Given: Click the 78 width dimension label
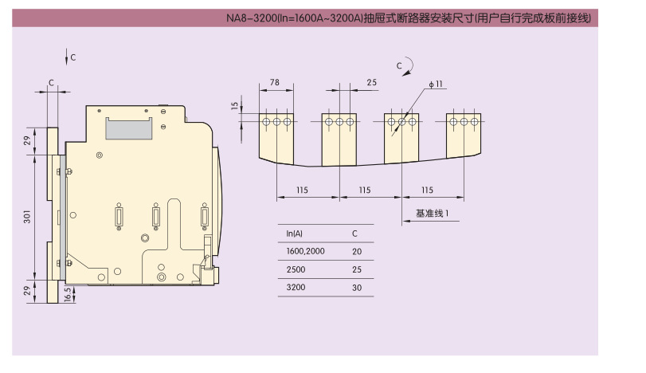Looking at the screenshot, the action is [x=275, y=82].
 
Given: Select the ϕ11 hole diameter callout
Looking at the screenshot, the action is [x=436, y=84].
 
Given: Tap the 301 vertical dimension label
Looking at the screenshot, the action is [x=27, y=217].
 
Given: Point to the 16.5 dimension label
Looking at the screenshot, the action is [x=68, y=295].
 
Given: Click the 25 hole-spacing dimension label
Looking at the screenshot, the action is [x=372, y=82].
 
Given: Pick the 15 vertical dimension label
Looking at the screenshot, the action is [x=235, y=106].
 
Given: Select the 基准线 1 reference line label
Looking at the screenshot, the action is [x=433, y=213].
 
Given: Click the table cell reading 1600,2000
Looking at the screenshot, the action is [x=305, y=251].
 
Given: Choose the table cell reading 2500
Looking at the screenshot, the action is [x=296, y=269].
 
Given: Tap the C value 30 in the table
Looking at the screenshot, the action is [x=357, y=288].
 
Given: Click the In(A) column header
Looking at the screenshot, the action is [x=294, y=234].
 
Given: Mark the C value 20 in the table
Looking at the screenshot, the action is [x=357, y=251].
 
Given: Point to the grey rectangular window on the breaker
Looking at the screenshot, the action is [x=129, y=128].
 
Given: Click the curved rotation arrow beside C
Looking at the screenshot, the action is [x=408, y=66].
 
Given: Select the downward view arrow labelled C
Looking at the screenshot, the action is [x=67, y=57].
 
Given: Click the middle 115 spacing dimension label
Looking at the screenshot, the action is [x=365, y=190].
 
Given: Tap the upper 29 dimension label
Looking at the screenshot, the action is [x=27, y=140].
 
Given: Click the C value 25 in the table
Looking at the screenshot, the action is [x=357, y=269].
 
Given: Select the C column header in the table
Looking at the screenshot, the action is [x=354, y=234].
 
